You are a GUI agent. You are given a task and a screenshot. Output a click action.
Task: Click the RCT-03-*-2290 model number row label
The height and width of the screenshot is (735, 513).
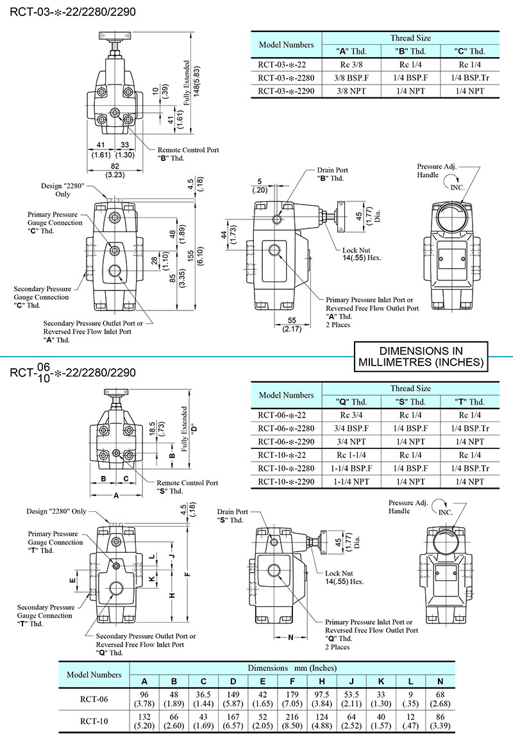coord(286,91)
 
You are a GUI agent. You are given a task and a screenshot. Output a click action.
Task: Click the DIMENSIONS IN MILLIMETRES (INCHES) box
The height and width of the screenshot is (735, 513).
coord(421,357)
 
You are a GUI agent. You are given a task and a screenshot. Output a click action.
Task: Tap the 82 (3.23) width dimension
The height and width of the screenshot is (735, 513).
coord(116,169)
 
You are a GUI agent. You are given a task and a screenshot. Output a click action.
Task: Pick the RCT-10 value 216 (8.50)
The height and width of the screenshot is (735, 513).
coord(292,722)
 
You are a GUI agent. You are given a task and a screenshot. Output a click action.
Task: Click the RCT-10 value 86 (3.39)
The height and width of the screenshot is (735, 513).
coord(440,722)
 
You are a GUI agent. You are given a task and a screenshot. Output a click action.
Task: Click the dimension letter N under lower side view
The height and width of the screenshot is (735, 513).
coord(290,638)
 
